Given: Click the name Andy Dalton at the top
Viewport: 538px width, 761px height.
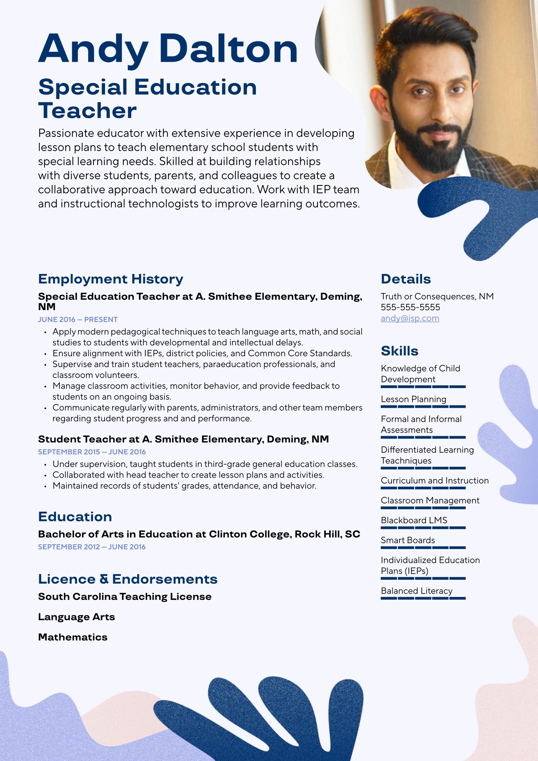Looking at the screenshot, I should pyautogui.click(x=168, y=49).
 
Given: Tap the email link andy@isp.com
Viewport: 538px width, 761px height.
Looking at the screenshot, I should pyautogui.click(x=410, y=318).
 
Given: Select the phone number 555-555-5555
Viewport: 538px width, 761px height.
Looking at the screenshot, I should pyautogui.click(x=410, y=307).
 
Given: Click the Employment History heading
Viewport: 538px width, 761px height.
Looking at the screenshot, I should pyautogui.click(x=111, y=279).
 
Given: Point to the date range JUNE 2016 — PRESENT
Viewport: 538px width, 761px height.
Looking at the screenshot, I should pyautogui.click(x=78, y=320).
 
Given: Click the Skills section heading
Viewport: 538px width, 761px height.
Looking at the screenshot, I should pyautogui.click(x=399, y=351).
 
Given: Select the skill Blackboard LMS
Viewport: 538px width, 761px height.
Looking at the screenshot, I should pyautogui.click(x=414, y=520).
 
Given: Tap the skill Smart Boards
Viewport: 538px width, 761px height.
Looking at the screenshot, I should pyautogui.click(x=408, y=540).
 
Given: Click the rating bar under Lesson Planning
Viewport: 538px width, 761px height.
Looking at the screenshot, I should pyautogui.click(x=423, y=407).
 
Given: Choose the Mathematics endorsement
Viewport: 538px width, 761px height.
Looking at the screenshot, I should pyautogui.click(x=73, y=637).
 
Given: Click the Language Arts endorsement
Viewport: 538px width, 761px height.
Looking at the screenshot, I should pyautogui.click(x=77, y=617).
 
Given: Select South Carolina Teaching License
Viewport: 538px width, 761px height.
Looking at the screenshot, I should pyautogui.click(x=125, y=597).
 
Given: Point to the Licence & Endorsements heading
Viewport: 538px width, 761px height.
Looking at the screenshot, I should pyautogui.click(x=128, y=579).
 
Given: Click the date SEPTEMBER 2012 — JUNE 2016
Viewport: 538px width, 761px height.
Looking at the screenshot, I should pyautogui.click(x=92, y=547).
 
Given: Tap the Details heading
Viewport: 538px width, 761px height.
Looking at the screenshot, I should pyautogui.click(x=406, y=279).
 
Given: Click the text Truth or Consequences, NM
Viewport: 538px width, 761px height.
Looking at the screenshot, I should pyautogui.click(x=437, y=296).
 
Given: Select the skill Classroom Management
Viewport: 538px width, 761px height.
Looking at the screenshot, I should pyautogui.click(x=430, y=500).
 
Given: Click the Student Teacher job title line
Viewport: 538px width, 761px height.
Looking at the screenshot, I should pyautogui.click(x=183, y=439).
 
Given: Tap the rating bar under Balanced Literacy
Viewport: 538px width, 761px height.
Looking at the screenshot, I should pyautogui.click(x=423, y=598).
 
